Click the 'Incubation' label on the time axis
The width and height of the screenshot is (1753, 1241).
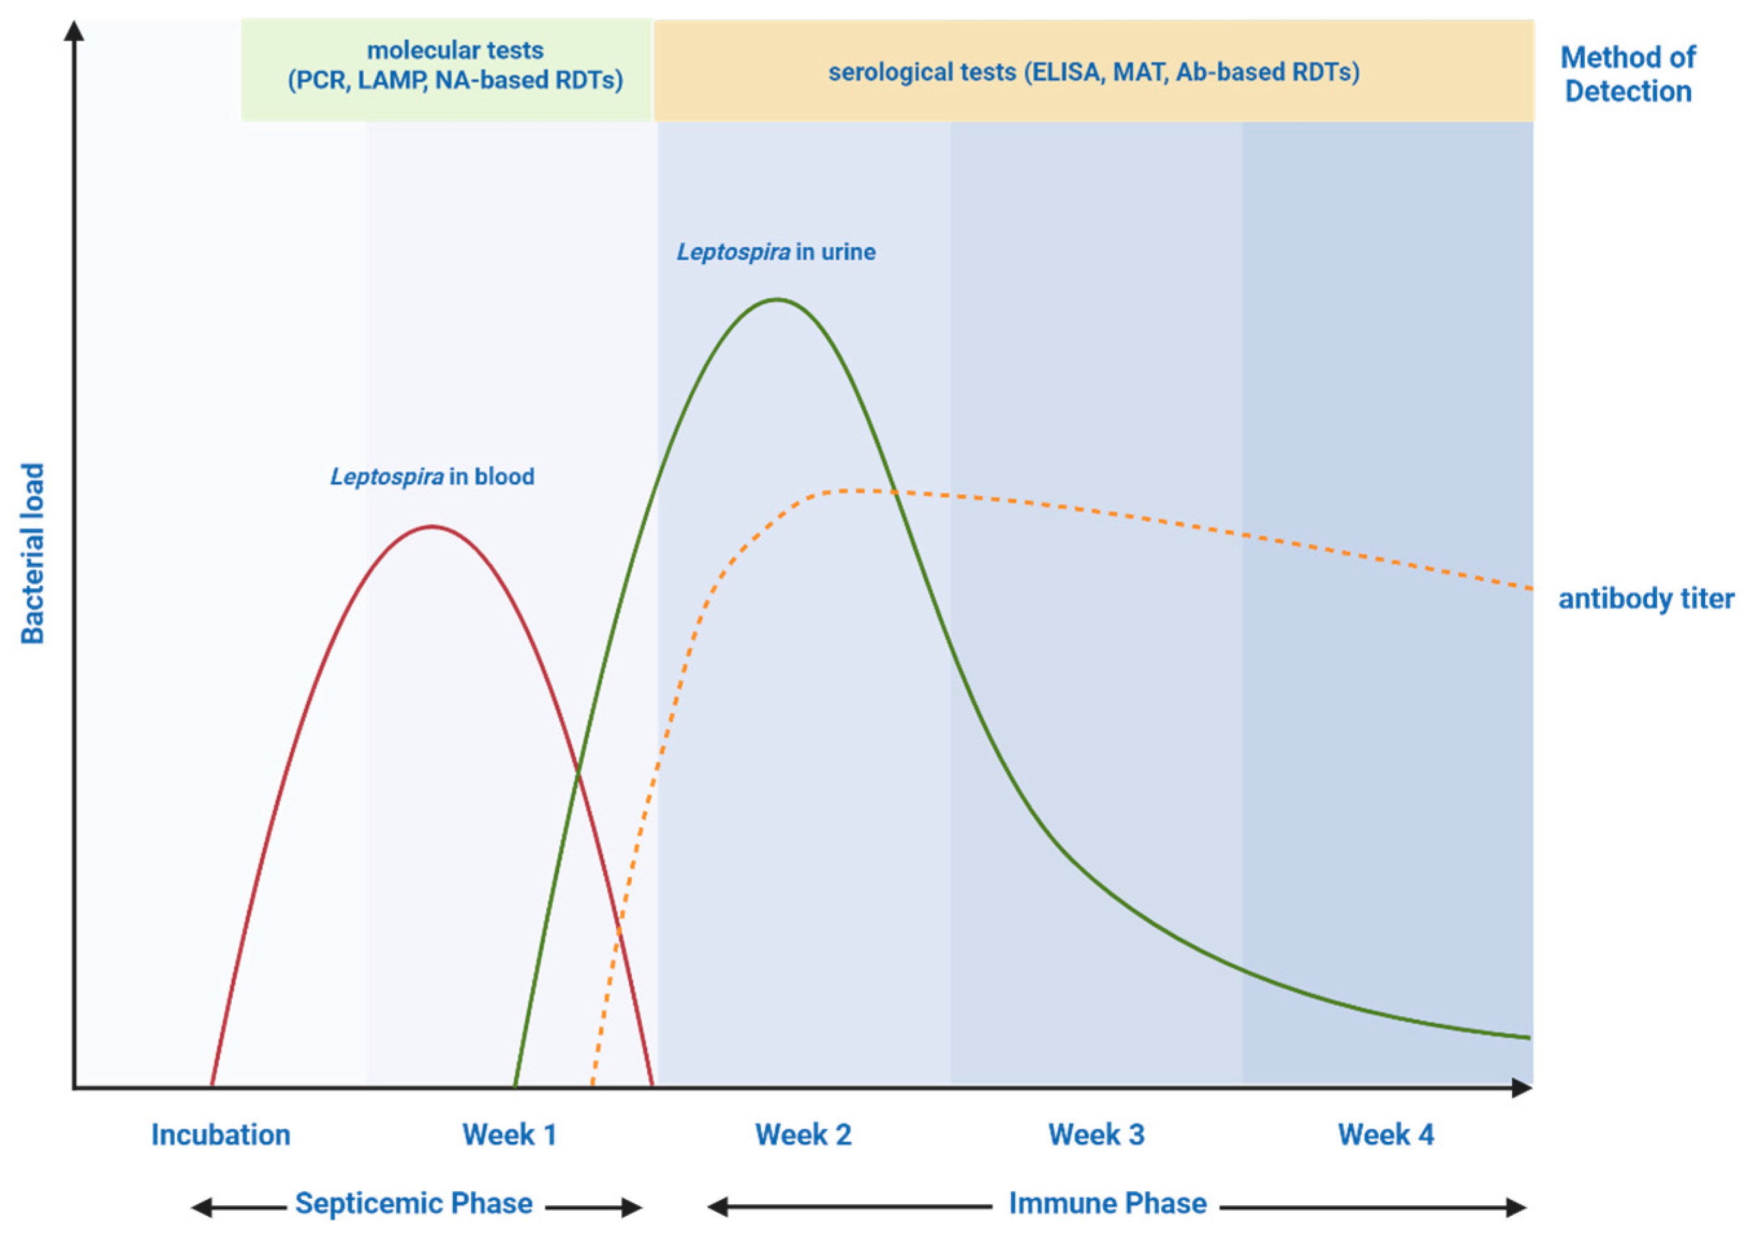(221, 1135)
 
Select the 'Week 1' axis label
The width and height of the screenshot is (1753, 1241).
(509, 1135)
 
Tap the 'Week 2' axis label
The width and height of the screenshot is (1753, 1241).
(803, 1135)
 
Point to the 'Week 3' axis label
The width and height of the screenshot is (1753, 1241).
(1097, 1135)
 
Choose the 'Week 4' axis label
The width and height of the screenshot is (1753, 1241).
(1385, 1135)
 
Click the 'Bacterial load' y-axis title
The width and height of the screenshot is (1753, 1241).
(32, 553)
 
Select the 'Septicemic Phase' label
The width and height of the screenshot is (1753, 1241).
(414, 1203)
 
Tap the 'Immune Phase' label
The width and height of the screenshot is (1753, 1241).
(1108, 1203)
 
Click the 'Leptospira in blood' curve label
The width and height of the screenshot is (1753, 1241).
(432, 477)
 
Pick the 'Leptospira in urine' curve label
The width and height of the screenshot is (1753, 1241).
(776, 252)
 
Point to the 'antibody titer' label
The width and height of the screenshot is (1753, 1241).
(1646, 598)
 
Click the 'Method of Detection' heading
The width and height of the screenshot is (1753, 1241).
(1627, 74)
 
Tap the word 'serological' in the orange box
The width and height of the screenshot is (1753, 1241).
(922, 73)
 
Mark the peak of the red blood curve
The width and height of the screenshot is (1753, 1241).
(432, 526)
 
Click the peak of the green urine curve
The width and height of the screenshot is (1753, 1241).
(777, 300)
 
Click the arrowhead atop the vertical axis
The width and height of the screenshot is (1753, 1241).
(74, 30)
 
